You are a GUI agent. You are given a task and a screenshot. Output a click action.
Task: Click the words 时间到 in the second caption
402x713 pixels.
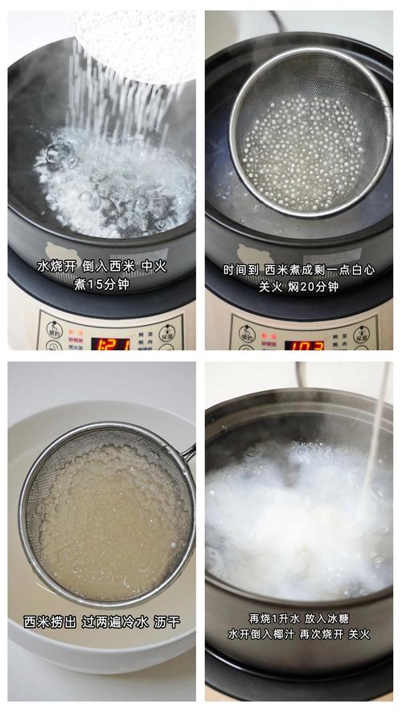click(x=242, y=270)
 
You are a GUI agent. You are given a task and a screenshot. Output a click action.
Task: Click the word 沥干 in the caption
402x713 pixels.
click(x=167, y=622)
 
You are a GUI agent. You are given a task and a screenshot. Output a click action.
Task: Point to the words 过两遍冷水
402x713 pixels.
click(x=113, y=622)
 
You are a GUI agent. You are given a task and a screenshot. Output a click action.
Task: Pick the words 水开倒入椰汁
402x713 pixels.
click(x=259, y=634)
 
